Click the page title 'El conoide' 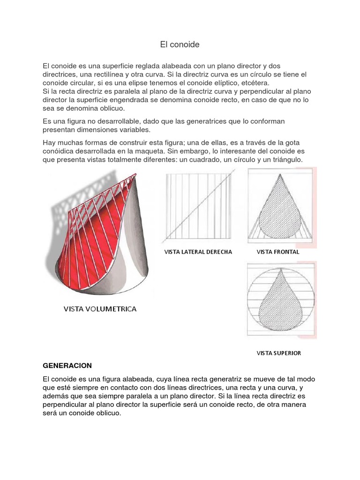tap(180, 45)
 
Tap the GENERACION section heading tap(67, 365)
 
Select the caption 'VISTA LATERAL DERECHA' tap(198, 252)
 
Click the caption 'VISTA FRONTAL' tap(278, 252)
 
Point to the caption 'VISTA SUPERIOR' tap(278, 353)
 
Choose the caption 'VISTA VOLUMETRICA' tap(100, 309)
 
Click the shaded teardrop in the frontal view tap(279, 211)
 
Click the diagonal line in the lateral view tap(199, 207)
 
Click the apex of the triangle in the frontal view tap(280, 172)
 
